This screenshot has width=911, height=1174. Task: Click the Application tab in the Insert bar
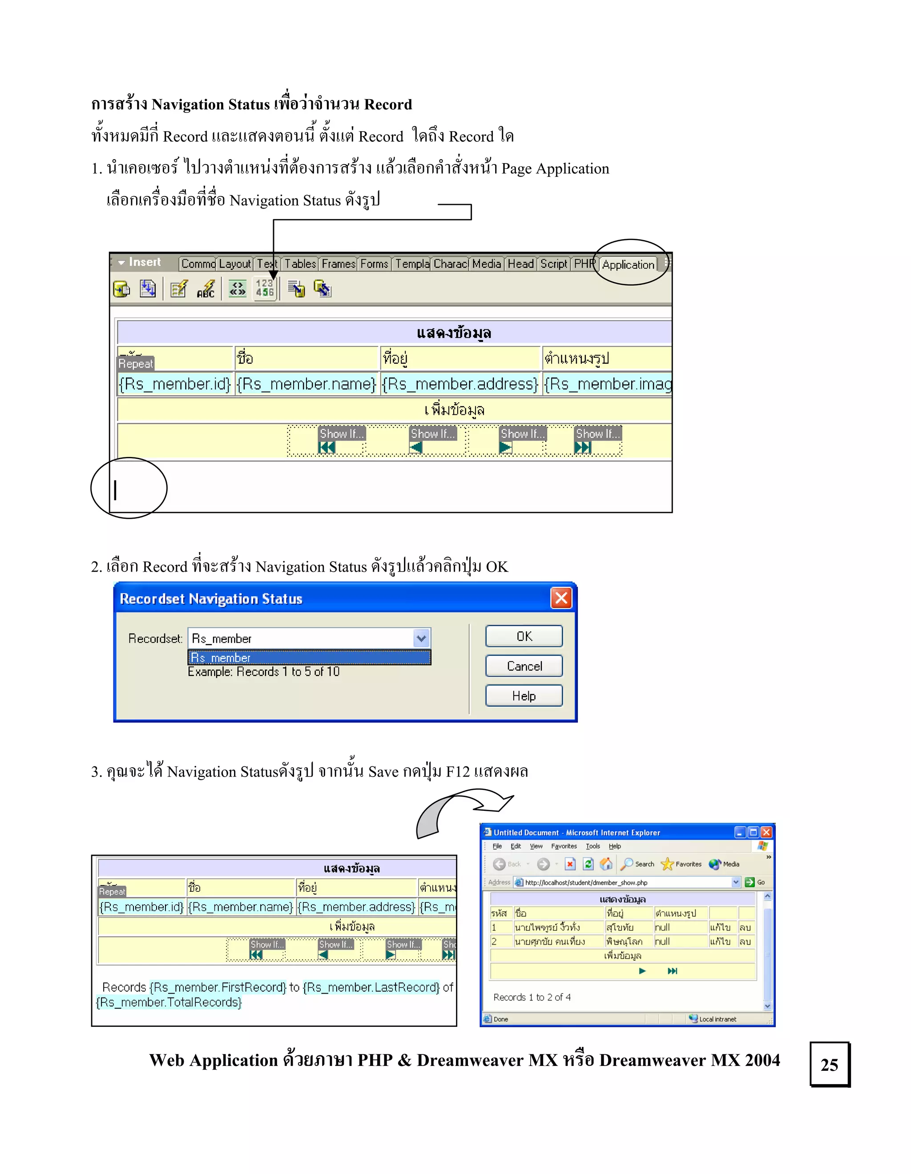point(628,264)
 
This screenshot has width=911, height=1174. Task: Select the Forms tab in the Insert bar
point(374,264)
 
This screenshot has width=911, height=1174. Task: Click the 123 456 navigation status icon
point(265,288)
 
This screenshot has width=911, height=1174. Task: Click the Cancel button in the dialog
point(524,666)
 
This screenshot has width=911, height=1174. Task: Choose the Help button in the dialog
point(524,696)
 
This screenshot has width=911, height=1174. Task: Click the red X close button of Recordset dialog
point(561,598)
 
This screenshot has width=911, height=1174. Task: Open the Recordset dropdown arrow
point(422,638)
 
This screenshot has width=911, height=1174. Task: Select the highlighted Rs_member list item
point(309,657)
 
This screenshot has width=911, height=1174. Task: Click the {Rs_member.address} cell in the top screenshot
point(460,384)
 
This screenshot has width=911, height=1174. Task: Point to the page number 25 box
point(829,1064)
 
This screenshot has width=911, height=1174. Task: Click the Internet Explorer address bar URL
point(586,882)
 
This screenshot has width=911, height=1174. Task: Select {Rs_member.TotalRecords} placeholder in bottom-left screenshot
point(169,1002)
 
